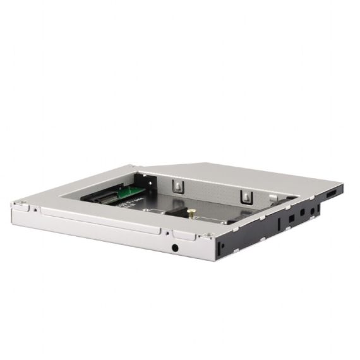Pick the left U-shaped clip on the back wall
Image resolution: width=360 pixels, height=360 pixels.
179,185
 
